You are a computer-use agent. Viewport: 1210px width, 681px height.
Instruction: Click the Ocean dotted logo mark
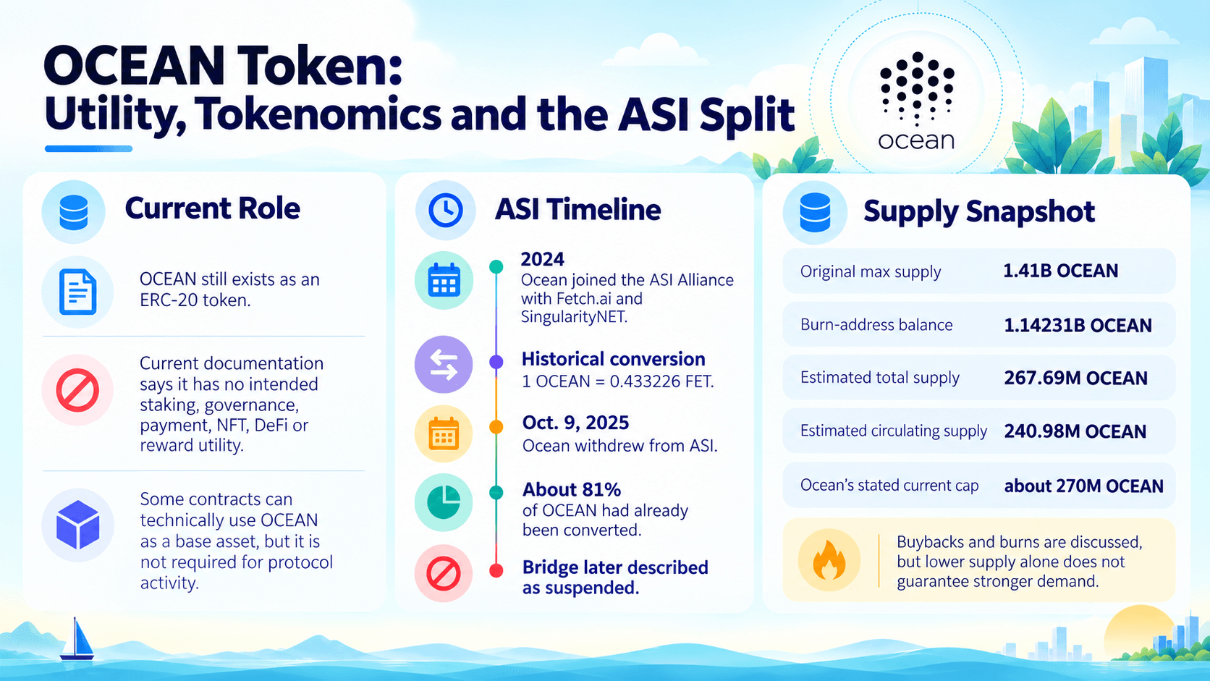click(x=917, y=88)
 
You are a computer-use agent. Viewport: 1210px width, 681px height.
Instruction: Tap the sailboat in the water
click(x=77, y=639)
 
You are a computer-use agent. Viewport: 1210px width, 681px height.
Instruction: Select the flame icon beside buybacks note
click(x=829, y=560)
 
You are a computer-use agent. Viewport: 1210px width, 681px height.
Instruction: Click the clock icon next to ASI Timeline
click(x=445, y=210)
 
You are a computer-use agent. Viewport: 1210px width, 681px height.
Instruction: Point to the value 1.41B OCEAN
click(x=1060, y=271)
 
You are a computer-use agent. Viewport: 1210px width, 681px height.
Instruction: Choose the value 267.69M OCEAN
click(x=1075, y=378)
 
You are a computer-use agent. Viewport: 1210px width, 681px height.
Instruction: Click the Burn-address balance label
click(x=876, y=324)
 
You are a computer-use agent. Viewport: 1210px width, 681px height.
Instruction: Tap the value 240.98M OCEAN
click(x=1075, y=431)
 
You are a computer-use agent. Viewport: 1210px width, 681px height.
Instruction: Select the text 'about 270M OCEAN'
click(x=1083, y=486)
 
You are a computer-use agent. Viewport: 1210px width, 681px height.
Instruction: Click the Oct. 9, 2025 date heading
click(x=576, y=423)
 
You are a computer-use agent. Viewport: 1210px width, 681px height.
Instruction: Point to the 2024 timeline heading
click(x=542, y=259)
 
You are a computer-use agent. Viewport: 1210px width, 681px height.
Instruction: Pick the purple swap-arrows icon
click(x=444, y=365)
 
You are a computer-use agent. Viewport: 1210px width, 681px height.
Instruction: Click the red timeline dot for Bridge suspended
click(x=496, y=570)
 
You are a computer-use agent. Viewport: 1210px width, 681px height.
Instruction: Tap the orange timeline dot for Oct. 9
click(x=496, y=427)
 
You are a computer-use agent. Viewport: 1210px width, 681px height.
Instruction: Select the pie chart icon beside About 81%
click(x=444, y=502)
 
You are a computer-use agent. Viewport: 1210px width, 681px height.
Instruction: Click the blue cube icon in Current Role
click(x=77, y=525)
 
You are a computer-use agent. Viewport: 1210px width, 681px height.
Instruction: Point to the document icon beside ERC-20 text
click(x=77, y=292)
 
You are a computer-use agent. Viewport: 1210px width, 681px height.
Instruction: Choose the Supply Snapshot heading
click(x=979, y=212)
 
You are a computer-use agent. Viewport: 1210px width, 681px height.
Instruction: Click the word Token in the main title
click(x=319, y=66)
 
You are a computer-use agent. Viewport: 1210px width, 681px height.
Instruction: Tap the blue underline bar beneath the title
click(x=88, y=148)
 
